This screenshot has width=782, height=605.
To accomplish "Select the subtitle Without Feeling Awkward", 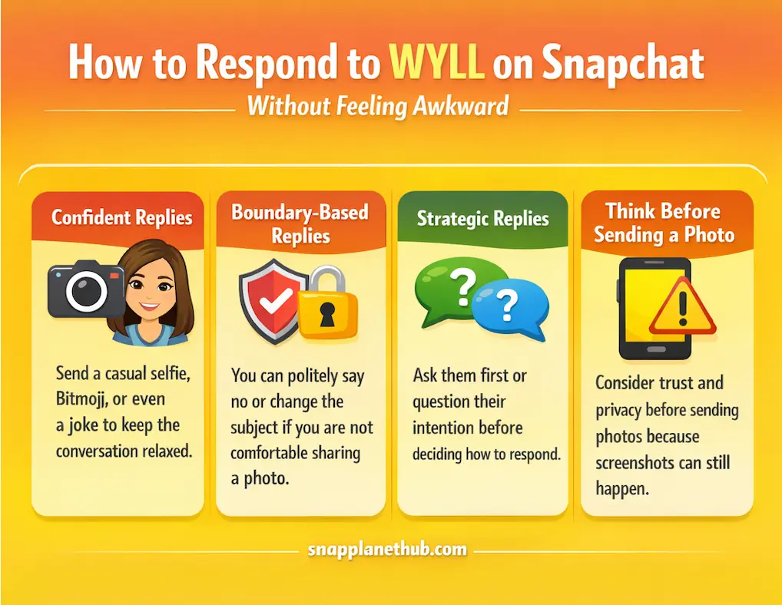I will pyautogui.click(x=377, y=104).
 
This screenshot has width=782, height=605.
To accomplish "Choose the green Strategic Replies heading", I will pyautogui.click(x=482, y=218).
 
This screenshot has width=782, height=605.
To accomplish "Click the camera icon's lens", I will pyautogui.click(x=84, y=292).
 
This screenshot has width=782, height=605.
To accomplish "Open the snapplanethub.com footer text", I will pyautogui.click(x=387, y=549).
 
